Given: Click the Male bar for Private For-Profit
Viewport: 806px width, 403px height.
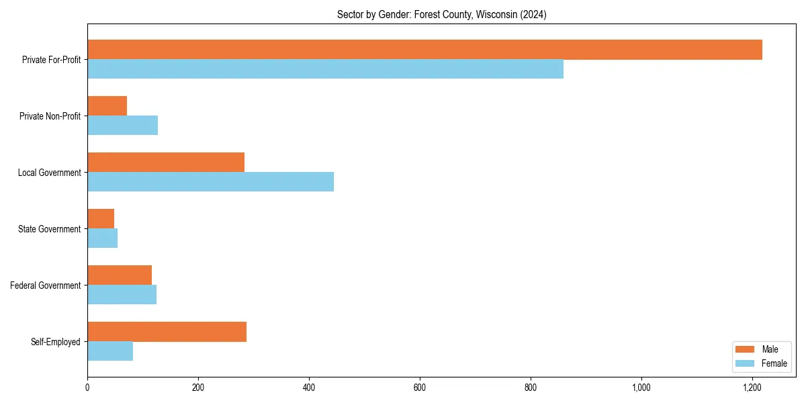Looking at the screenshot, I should pos(424,50).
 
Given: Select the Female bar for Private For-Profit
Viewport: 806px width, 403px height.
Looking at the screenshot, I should pos(325,69).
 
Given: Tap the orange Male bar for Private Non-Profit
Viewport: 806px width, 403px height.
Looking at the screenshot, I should pos(107,106).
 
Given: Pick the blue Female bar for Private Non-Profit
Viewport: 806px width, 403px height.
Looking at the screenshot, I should pos(122,126).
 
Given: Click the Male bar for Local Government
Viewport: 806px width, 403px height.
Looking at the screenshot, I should pos(166,163).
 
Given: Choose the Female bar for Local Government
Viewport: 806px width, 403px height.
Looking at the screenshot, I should pos(210,182).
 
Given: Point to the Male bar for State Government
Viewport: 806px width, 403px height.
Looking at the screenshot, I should pos(101,219).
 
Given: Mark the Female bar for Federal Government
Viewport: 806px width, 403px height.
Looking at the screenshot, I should pos(122,295).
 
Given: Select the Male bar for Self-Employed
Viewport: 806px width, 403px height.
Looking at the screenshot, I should pos(167,332).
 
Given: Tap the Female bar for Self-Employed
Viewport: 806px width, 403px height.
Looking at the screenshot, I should pos(110,351).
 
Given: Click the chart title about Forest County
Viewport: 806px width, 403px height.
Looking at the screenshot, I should pos(441,15).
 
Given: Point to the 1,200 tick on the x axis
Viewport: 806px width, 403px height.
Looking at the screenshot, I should pos(752,388).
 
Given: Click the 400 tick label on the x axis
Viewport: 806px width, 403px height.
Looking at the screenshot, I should pos(309,388).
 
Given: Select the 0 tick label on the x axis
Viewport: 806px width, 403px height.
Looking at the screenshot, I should pos(87,388).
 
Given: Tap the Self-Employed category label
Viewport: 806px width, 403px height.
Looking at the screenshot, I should pos(56,342).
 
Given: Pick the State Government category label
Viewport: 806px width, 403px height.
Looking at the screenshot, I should pos(50,229).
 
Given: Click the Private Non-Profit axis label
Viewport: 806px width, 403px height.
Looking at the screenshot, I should pos(50,116).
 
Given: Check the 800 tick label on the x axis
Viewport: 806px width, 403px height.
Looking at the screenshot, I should pos(531,388).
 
